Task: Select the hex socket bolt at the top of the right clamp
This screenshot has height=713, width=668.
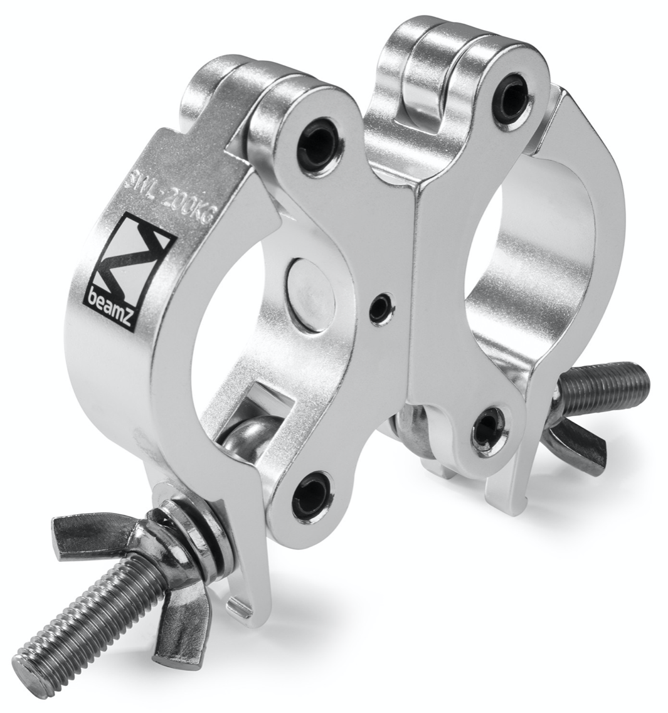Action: [x=512, y=92]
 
